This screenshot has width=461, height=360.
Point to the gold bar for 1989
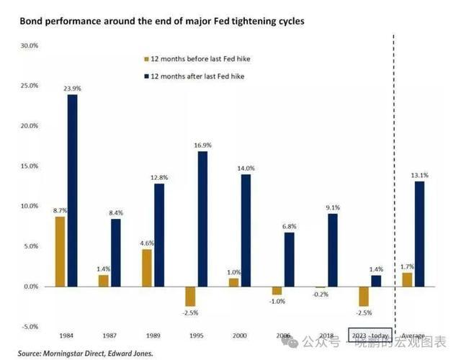[147, 268]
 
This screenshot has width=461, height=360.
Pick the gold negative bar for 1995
[191, 296]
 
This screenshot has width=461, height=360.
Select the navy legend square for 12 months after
[146, 76]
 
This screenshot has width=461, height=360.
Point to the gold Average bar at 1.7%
[408, 279]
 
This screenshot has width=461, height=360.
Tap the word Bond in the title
[32, 22]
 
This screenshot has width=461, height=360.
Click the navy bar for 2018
[331, 250]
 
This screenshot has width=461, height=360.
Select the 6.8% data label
[290, 225]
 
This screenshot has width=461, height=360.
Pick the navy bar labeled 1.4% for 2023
[376, 281]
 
